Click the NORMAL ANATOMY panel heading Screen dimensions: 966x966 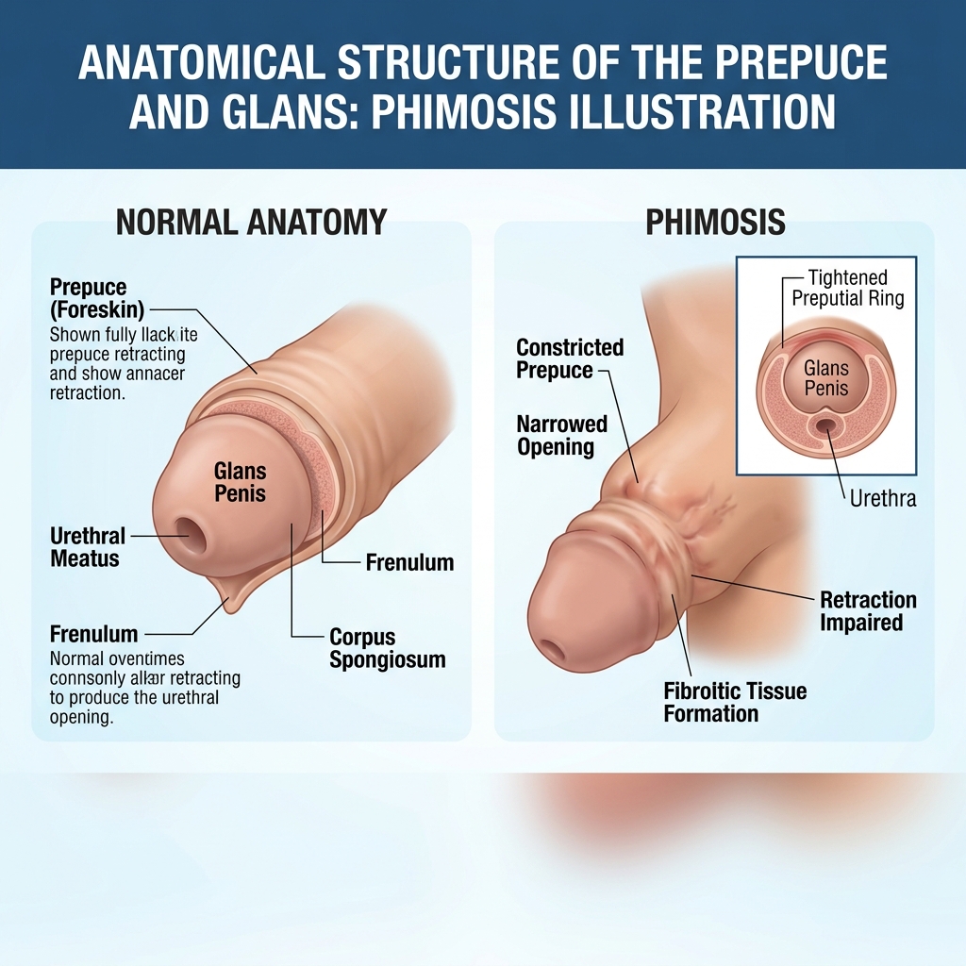click(251, 223)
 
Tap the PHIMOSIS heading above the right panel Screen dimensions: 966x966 click(715, 223)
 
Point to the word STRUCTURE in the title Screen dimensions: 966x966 click(451, 63)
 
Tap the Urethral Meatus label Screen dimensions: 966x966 click(87, 547)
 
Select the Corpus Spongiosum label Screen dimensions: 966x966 click(387, 648)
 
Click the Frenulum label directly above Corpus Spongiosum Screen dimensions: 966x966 click(409, 563)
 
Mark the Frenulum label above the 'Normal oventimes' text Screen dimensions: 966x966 click(93, 635)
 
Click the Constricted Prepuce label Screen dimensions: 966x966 click(570, 358)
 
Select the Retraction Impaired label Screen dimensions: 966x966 click(868, 611)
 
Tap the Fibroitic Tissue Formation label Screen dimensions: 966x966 click(735, 702)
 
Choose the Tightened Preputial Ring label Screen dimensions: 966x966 click(847, 288)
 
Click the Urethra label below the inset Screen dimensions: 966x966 click(883, 498)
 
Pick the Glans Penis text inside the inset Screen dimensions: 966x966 click(826, 378)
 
